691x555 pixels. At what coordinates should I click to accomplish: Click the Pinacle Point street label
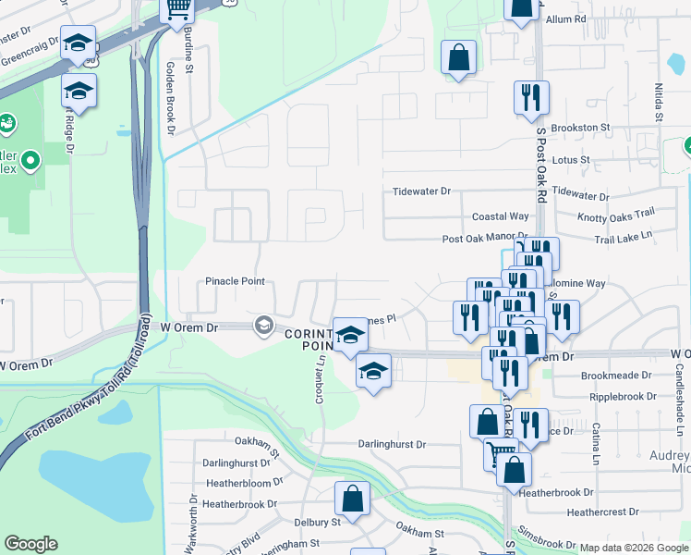[x=235, y=281]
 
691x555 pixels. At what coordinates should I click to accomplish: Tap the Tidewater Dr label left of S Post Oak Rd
[x=421, y=191]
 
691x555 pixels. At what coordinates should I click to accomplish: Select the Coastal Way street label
[x=501, y=216]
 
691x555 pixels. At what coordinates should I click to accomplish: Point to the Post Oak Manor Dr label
[x=484, y=238]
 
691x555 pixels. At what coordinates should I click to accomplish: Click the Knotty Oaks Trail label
[x=615, y=216]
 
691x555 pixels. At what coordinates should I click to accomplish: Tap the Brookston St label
[x=581, y=128]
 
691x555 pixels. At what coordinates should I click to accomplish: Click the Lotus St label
[x=571, y=160]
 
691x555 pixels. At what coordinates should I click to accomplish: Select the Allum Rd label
[x=566, y=18]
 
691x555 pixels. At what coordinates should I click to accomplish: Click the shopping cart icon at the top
[x=176, y=8]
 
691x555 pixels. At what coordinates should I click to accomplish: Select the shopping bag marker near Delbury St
[x=353, y=499]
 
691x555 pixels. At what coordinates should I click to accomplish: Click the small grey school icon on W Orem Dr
[x=263, y=324]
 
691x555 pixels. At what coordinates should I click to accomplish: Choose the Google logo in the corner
[x=30, y=544]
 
